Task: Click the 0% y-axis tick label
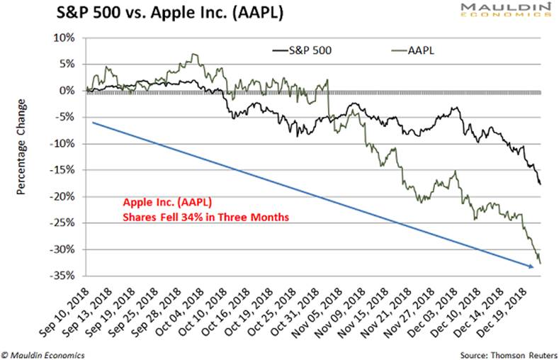[69, 91]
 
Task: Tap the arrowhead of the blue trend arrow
[532, 267]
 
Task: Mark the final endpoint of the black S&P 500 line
[541, 184]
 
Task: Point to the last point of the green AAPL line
[541, 263]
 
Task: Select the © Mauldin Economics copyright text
[44, 353]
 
